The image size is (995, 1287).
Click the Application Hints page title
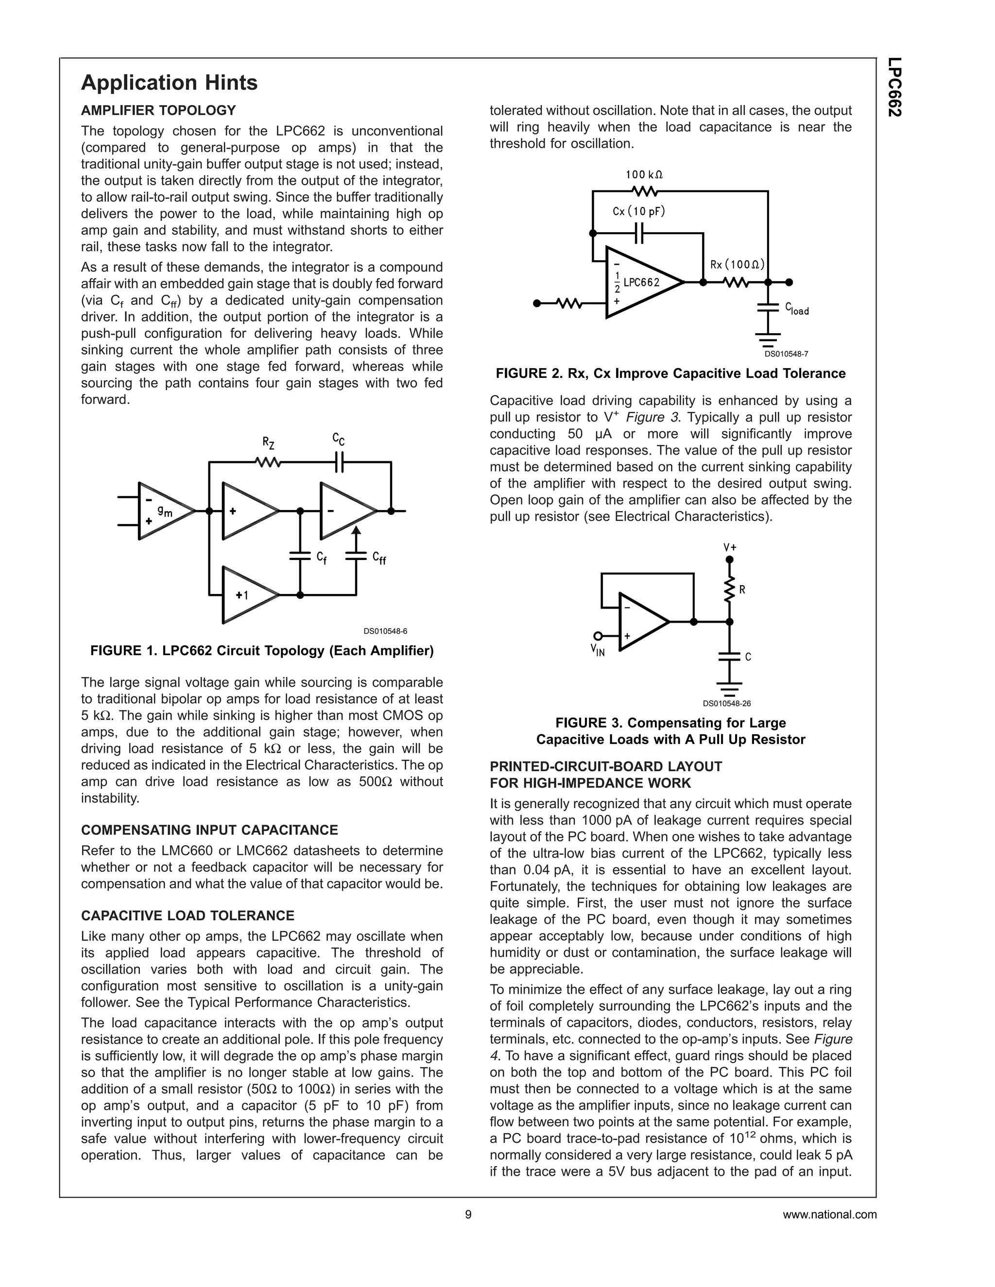tap(169, 83)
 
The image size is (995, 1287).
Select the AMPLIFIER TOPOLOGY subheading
tap(158, 111)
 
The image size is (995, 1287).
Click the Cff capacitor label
tap(379, 558)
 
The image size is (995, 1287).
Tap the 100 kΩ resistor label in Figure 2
tap(644, 175)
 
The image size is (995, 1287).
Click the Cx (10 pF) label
tap(638, 211)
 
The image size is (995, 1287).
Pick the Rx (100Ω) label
tap(737, 265)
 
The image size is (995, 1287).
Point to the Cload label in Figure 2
tap(796, 309)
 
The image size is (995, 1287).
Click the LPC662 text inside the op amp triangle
tap(641, 282)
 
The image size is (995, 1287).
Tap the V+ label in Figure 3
tap(730, 547)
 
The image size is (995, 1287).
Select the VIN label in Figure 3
tap(598, 651)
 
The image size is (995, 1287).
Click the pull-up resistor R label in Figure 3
tap(742, 589)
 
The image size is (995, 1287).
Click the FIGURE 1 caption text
tap(262, 651)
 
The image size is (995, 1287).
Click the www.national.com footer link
tap(829, 1215)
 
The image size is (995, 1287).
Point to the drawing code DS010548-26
tap(726, 704)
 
